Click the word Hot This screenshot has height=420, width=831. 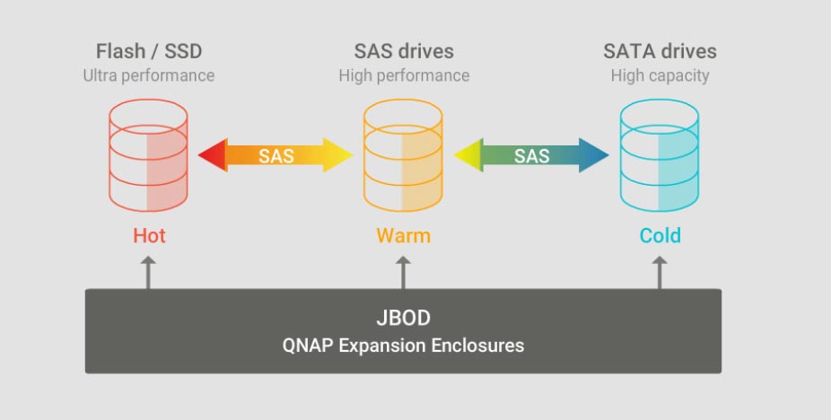tap(149, 236)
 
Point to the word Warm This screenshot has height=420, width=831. tap(403, 236)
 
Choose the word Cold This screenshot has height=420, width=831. tap(660, 236)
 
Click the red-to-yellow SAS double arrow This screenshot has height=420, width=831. tap(276, 155)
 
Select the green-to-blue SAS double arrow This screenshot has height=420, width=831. tap(531, 155)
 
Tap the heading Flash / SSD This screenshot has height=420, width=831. tap(148, 51)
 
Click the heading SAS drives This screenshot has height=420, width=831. tap(403, 51)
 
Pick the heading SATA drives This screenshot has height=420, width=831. tap(660, 51)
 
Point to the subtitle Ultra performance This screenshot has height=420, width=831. tap(148, 75)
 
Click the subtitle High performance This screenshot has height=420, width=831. tap(403, 75)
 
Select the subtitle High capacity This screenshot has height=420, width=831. tap(660, 75)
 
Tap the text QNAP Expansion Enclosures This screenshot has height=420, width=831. tap(403, 345)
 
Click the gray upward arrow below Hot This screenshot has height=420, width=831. tap(148, 271)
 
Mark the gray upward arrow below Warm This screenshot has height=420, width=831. tap(403, 271)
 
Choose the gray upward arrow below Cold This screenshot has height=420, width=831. tap(660, 271)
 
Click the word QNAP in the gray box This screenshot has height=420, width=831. tap(309, 345)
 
